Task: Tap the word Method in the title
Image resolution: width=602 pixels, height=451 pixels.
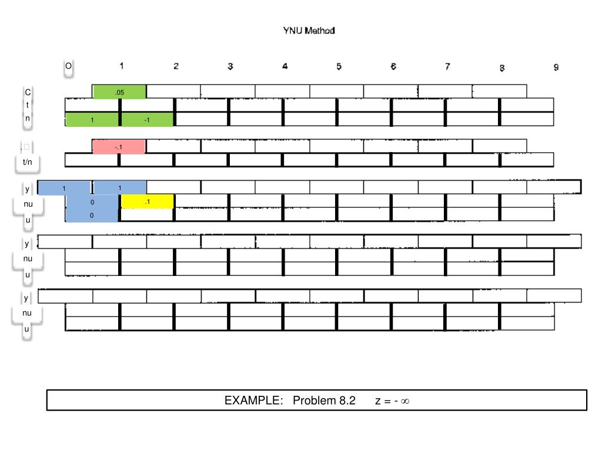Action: coord(320,31)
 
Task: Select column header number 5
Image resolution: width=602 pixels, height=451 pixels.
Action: coord(339,66)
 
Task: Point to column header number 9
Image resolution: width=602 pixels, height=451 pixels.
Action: coord(556,68)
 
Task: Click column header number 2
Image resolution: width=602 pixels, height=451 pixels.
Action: coord(176,66)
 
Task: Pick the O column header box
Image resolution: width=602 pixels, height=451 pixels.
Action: coord(68,67)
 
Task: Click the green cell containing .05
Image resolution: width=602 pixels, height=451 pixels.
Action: coord(119,92)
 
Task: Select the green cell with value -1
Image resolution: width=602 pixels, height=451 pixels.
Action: coord(147,120)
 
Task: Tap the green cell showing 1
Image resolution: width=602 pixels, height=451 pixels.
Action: coord(92,120)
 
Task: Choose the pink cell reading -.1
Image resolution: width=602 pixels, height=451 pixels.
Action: coord(119,147)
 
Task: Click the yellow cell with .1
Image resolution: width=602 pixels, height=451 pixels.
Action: coord(147,202)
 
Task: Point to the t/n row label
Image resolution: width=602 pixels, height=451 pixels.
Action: coord(28,161)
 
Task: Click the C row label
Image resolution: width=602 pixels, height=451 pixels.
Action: coord(28,93)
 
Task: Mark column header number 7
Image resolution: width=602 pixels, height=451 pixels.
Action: coord(447,66)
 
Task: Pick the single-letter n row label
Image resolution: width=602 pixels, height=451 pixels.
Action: coord(28,117)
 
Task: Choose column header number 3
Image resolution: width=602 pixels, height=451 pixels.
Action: coord(230,66)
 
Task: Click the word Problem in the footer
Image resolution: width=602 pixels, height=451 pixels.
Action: coord(315,401)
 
